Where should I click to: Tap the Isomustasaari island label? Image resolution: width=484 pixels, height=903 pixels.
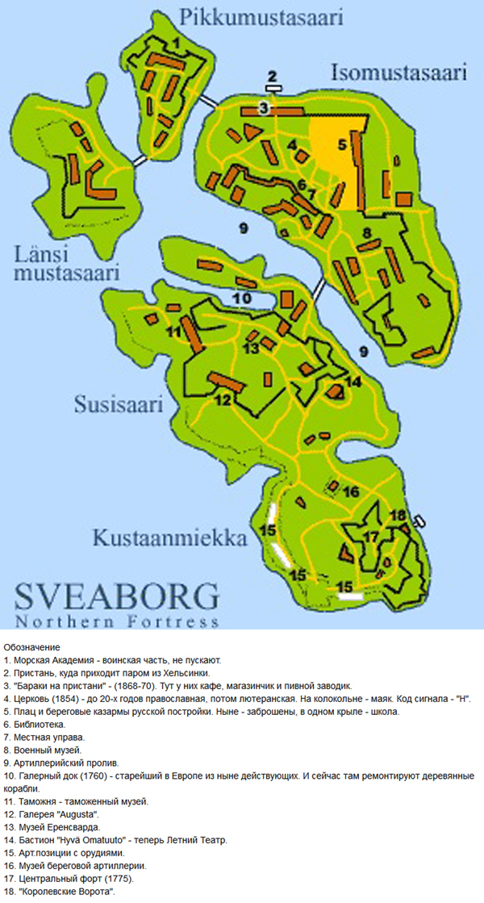tap(399, 73)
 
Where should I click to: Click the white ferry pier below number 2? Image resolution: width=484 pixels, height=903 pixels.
tap(273, 87)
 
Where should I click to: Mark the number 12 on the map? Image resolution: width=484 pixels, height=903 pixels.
tap(223, 399)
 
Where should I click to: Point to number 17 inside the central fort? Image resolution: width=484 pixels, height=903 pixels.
tap(371, 537)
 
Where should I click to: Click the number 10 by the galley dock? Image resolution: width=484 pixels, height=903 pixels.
tap(241, 298)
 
